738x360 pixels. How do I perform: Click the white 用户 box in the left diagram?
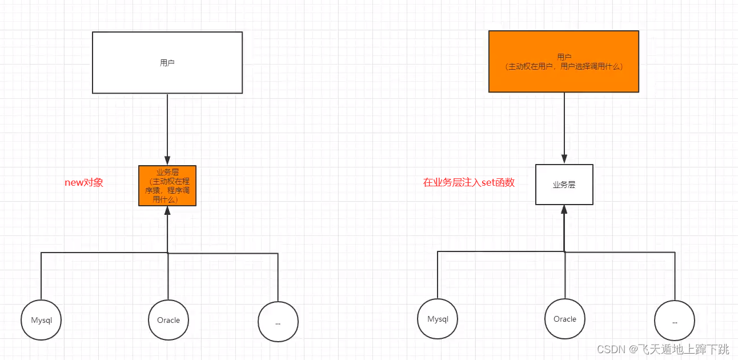(x=167, y=62)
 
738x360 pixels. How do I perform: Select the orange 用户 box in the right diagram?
(x=564, y=61)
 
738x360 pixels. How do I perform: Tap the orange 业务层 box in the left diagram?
(x=167, y=186)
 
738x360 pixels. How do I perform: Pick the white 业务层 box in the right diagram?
(x=564, y=185)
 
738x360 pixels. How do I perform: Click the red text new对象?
(x=84, y=183)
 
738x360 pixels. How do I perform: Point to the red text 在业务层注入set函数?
(x=469, y=183)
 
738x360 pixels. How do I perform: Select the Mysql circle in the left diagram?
(x=41, y=320)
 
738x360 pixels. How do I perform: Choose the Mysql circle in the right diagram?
(x=438, y=319)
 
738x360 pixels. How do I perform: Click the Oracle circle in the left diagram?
(x=169, y=320)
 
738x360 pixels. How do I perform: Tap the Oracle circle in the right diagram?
(x=565, y=319)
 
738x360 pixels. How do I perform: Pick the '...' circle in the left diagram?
(x=278, y=322)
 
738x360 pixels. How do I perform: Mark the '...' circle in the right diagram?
(x=675, y=321)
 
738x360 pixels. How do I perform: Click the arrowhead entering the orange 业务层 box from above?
(x=167, y=161)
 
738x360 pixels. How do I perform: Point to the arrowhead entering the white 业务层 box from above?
(x=564, y=159)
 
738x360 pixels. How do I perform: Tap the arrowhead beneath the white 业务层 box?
(x=564, y=210)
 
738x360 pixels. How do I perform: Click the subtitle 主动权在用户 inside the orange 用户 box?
(x=564, y=66)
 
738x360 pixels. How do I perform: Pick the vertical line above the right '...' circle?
(x=675, y=277)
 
